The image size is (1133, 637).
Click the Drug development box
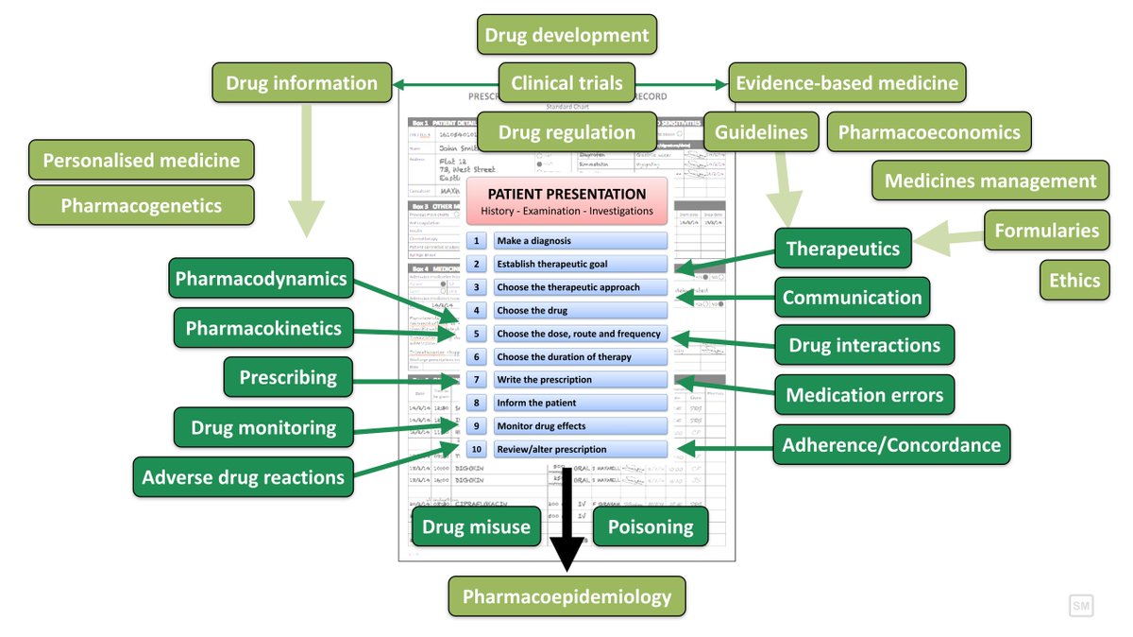(x=566, y=36)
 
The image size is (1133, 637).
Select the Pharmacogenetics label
(x=142, y=205)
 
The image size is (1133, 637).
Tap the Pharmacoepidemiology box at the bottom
(x=566, y=596)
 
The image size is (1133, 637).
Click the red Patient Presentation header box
(x=566, y=201)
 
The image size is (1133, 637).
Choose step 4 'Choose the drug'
(x=580, y=310)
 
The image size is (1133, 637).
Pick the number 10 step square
(x=477, y=449)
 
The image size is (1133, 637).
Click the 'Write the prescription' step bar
(x=580, y=380)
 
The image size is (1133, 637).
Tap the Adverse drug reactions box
(x=243, y=477)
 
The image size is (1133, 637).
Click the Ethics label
(x=1074, y=280)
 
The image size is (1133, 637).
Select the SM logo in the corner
(x=1080, y=606)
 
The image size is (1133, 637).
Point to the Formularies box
(x=1046, y=230)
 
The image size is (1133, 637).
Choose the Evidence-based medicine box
(x=848, y=83)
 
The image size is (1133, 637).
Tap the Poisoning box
(x=650, y=527)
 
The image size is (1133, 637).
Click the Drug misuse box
(x=476, y=527)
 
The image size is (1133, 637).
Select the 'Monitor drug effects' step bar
(x=580, y=426)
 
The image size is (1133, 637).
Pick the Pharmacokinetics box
(x=263, y=328)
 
